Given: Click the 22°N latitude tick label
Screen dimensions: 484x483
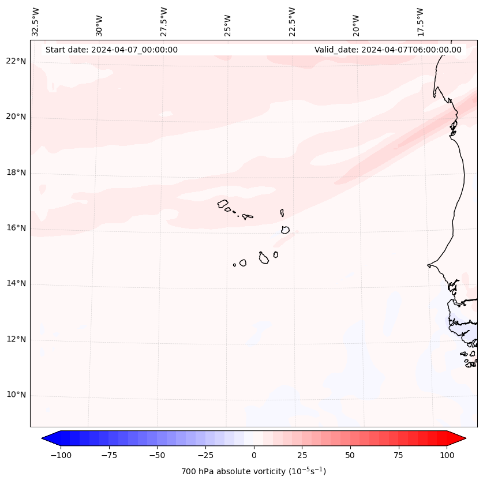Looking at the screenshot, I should (x=17, y=62).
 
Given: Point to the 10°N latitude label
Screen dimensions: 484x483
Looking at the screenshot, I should (x=17, y=395).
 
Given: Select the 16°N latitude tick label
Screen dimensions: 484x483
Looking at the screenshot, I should (x=17, y=228).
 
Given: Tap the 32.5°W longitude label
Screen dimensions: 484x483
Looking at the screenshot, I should (x=36, y=22).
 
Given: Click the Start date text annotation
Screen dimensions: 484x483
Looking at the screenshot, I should (x=111, y=50).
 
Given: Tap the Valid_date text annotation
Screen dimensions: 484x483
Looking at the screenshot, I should (x=388, y=50).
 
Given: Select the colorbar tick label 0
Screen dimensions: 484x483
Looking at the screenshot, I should (x=254, y=455).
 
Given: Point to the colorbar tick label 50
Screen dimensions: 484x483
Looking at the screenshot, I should (x=350, y=455).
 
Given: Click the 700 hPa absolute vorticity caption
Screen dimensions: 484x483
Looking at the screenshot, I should (x=254, y=471).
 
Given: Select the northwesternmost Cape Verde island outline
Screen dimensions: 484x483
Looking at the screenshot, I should (x=223, y=203).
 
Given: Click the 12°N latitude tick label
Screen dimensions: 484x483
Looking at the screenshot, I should (x=17, y=340).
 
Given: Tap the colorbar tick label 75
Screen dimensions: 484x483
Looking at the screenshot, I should (x=398, y=455).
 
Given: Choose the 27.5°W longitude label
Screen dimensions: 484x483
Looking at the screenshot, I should (x=164, y=22).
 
